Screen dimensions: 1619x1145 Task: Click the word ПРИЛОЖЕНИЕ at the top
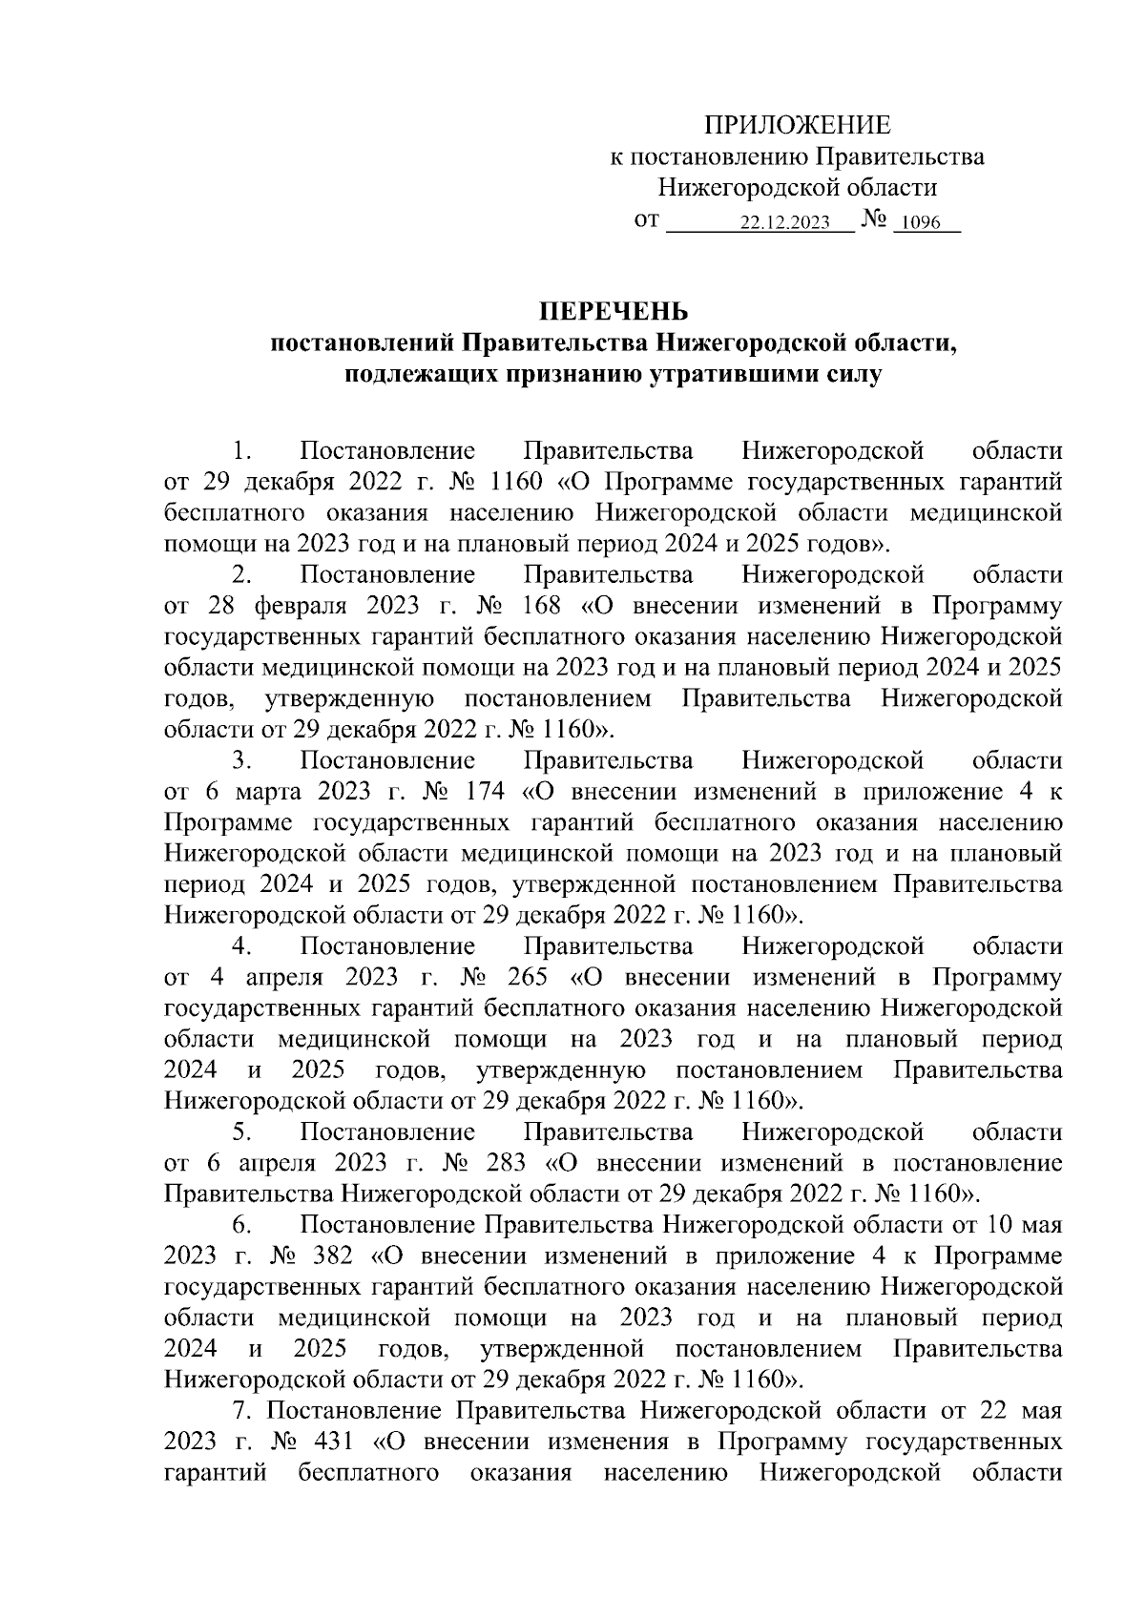coord(797,125)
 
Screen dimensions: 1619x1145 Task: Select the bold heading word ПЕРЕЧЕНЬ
coord(614,311)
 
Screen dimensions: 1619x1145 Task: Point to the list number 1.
coord(242,450)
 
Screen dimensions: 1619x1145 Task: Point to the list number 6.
coord(240,1225)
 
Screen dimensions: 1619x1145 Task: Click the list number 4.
coord(241,946)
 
